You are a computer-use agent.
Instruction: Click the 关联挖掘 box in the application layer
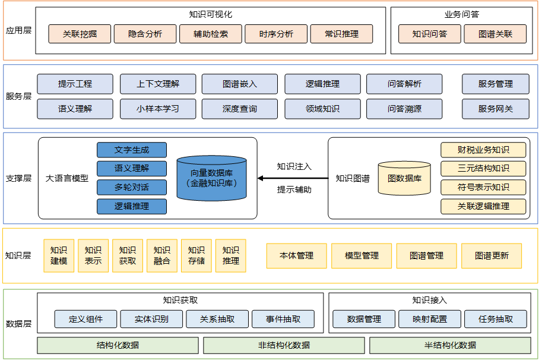point(80,34)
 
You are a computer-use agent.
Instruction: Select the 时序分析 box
point(276,34)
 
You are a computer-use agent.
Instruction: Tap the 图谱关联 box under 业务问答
point(495,34)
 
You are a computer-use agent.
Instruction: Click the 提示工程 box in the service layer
point(75,84)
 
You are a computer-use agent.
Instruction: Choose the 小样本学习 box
point(157,109)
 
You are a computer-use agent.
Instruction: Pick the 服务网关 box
point(495,109)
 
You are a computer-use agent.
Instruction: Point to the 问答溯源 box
point(404,109)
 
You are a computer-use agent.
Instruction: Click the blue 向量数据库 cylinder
point(211,178)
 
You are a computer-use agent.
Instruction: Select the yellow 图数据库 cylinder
point(404,178)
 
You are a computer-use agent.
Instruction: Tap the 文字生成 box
point(132,150)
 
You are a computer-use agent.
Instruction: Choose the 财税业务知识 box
point(483,150)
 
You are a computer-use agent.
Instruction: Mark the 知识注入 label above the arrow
point(294,166)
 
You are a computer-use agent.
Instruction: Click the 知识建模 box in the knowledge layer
point(59,255)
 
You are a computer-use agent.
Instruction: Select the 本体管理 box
point(296,255)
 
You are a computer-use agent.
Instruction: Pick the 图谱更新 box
point(492,255)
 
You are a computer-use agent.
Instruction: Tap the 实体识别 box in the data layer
point(151,319)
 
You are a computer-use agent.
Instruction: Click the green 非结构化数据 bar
point(284,345)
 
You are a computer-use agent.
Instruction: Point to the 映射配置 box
point(430,319)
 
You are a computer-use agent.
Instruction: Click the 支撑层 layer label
point(18,178)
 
